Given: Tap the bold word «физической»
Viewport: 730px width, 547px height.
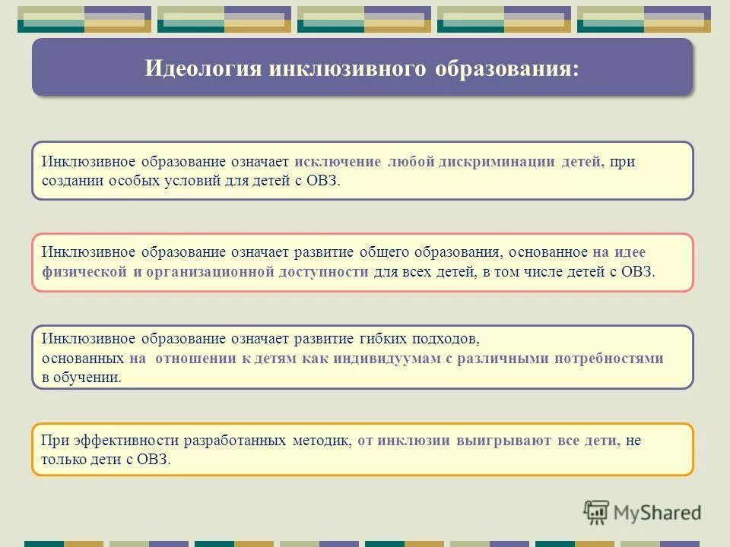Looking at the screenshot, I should click(x=84, y=272).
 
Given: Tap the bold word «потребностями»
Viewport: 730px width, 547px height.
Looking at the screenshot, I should click(x=614, y=359).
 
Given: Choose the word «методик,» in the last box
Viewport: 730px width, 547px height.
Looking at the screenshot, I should click(x=322, y=441).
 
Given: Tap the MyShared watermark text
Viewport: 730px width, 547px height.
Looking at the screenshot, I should click(x=658, y=513).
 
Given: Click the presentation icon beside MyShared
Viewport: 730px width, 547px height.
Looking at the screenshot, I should click(x=597, y=513).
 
